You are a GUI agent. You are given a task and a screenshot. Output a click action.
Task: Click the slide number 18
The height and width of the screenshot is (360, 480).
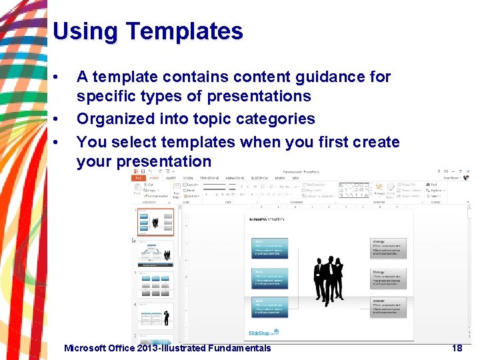click(x=457, y=348)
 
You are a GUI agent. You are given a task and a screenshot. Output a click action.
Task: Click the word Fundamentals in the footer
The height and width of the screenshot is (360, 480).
click(x=239, y=348)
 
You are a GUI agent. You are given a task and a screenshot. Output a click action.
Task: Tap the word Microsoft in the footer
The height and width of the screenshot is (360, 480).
click(x=87, y=348)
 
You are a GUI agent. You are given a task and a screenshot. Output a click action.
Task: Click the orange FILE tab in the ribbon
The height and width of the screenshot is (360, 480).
click(x=139, y=178)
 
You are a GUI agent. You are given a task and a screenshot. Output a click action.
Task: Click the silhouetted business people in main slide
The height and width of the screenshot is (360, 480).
click(x=328, y=279)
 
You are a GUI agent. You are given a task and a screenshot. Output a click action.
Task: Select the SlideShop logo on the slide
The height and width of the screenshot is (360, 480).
click(x=264, y=331)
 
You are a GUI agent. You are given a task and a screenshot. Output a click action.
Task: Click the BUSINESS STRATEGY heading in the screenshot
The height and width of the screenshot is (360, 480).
click(x=267, y=219)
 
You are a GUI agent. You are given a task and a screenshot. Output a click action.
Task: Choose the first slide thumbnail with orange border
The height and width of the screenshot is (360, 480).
click(x=156, y=221)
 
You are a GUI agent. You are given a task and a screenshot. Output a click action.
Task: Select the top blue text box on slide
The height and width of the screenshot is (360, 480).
click(x=270, y=247)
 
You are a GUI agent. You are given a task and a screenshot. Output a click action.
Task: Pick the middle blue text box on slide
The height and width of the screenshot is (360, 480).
click(x=270, y=277)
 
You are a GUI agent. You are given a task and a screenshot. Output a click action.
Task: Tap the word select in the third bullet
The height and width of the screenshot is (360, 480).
click(x=129, y=142)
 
